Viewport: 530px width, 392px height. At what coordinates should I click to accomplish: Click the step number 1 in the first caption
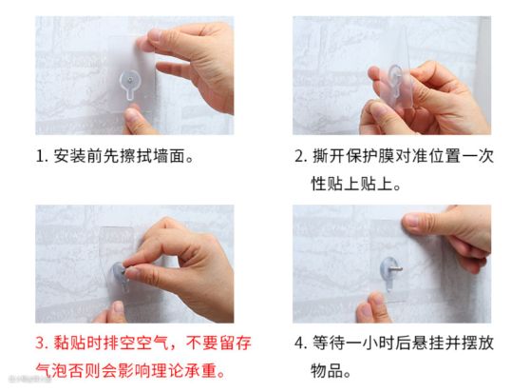point(40,157)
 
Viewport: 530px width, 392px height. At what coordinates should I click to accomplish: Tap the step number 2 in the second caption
point(299,157)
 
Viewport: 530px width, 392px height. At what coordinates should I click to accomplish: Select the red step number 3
point(40,343)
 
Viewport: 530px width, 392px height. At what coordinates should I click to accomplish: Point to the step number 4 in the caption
point(299,343)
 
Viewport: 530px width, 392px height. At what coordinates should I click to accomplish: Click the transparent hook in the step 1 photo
point(129,85)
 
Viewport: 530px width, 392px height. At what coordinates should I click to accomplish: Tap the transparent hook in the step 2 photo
point(396,80)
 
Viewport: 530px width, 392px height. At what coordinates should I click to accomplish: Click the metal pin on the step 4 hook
point(396,269)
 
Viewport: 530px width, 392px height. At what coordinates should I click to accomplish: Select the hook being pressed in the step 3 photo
point(120,276)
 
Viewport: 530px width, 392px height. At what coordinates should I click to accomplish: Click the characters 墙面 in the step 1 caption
point(170,156)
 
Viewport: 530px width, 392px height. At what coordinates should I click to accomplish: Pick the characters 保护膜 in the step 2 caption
point(370,156)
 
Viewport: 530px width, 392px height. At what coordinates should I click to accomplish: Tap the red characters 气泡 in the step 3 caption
point(52,371)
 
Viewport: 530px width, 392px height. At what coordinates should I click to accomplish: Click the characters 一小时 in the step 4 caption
point(369,343)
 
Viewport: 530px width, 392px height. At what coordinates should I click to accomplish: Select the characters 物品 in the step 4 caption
point(327,371)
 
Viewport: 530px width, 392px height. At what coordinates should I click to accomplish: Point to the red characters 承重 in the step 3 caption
point(201,371)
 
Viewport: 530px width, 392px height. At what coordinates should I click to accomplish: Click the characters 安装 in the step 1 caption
point(69,156)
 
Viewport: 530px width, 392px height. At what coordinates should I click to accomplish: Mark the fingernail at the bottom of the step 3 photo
point(118,306)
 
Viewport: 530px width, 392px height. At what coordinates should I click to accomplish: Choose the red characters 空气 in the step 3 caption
point(152,343)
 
